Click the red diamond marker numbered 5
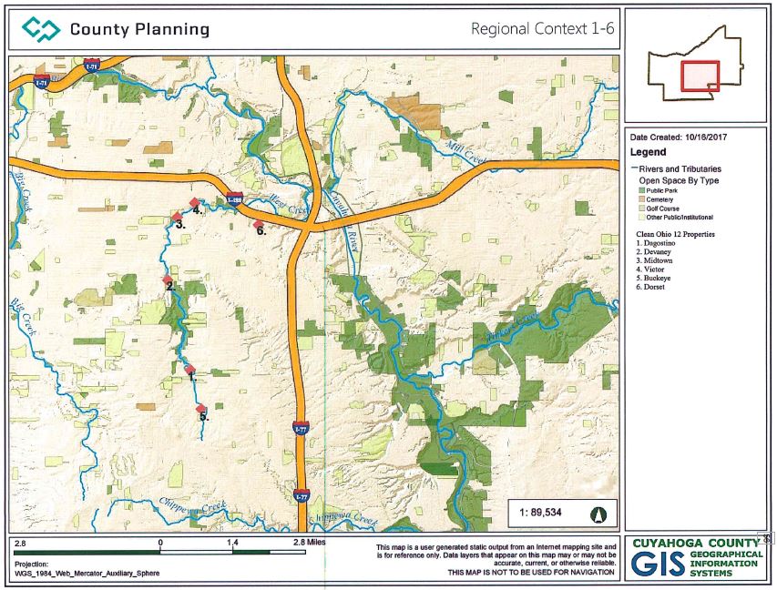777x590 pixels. pos(201,409)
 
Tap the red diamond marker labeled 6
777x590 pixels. pos(258,224)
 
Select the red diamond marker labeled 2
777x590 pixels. pos(167,280)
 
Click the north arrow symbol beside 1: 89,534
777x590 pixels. pos(598,513)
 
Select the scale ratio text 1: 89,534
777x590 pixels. pos(540,513)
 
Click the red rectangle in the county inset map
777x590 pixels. pos(700,76)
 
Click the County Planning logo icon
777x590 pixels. pos(41,29)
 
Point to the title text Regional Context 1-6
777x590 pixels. pos(542,29)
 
